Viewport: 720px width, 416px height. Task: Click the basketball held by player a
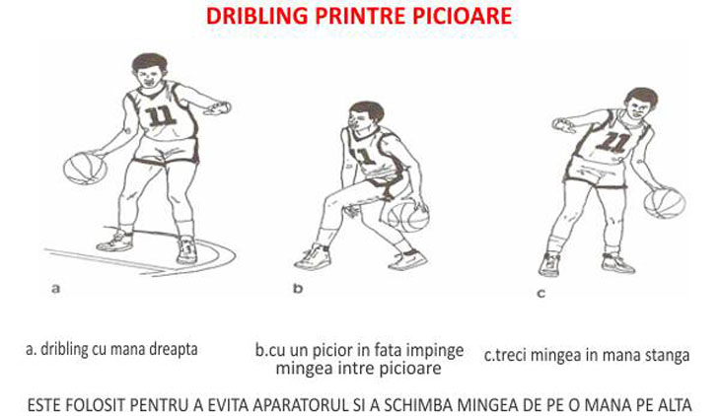click(x=85, y=168)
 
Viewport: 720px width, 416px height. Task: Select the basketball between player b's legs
click(x=408, y=215)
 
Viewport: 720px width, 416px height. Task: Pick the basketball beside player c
click(x=665, y=202)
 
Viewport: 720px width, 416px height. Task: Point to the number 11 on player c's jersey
click(x=613, y=141)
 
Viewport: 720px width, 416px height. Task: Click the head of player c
click(x=641, y=104)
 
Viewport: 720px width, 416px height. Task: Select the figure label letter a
click(x=55, y=289)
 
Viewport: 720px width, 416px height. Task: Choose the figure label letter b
click(x=298, y=288)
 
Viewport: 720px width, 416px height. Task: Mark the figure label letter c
click(x=541, y=293)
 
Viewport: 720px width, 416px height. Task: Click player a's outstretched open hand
click(x=218, y=108)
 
